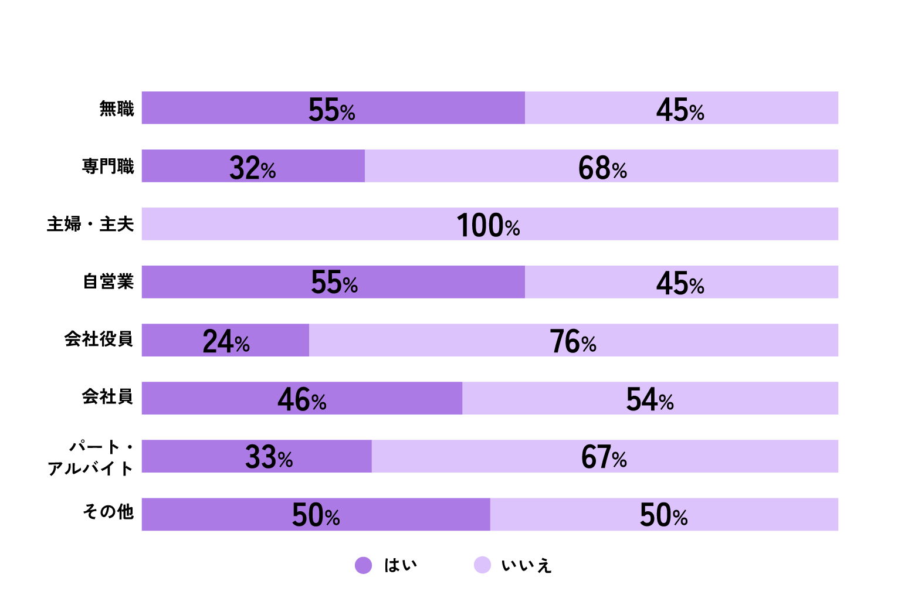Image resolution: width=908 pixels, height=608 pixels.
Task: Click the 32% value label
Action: (252, 168)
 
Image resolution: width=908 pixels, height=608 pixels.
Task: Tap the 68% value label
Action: (602, 168)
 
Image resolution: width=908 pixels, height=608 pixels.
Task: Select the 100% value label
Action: (488, 226)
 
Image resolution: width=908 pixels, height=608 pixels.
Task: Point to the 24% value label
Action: (226, 342)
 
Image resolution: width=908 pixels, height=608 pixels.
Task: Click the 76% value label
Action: (572, 342)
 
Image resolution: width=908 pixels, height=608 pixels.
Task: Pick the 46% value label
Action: (301, 400)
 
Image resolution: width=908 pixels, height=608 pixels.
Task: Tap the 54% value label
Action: (649, 400)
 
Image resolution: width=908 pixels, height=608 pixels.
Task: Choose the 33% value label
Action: (269, 457)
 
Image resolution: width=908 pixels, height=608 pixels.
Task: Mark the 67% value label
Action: (604, 457)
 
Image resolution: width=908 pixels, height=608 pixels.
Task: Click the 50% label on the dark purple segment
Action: (316, 515)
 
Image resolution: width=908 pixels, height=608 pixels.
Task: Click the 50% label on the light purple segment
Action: (663, 515)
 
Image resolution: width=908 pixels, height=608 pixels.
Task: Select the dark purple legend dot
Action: (364, 565)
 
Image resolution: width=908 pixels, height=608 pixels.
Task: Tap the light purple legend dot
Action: (483, 565)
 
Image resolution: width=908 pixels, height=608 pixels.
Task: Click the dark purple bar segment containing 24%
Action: (176, 340)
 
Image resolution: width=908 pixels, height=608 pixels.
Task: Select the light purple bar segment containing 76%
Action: (704, 340)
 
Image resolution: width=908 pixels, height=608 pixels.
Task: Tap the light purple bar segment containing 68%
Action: (733, 166)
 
